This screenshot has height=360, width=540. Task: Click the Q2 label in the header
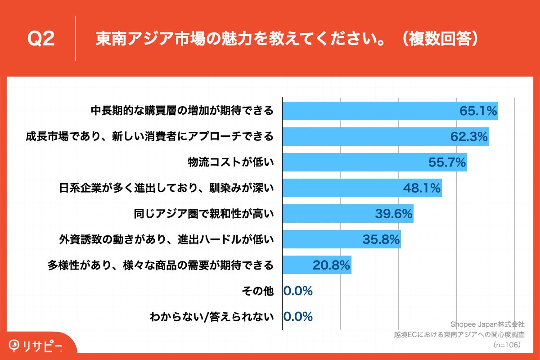click(x=41, y=39)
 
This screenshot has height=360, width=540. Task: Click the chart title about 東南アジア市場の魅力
click(x=286, y=39)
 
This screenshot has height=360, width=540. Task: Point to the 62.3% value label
click(x=469, y=136)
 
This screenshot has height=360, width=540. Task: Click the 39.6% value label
click(x=394, y=214)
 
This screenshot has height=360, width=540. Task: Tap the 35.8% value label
click(x=381, y=240)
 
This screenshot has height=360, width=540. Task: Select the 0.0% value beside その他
click(x=298, y=291)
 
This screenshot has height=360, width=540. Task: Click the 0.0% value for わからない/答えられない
click(x=298, y=317)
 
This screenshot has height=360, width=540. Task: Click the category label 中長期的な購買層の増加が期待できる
click(x=182, y=111)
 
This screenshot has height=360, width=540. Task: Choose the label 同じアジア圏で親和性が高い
click(x=204, y=214)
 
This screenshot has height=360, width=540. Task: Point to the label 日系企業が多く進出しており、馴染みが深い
click(x=166, y=188)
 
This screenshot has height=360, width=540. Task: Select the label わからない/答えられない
click(x=211, y=317)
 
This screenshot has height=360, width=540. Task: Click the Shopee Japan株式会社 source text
click(x=487, y=324)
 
